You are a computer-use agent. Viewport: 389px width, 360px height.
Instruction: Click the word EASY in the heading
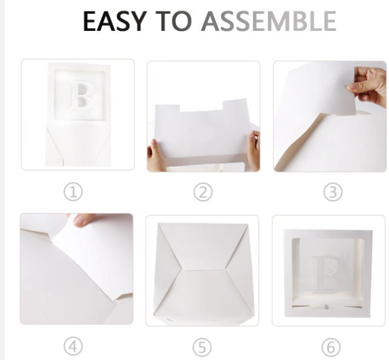point(114,21)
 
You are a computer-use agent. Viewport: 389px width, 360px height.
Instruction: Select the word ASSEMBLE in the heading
point(269,21)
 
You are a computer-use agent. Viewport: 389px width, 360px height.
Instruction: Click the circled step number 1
point(73,192)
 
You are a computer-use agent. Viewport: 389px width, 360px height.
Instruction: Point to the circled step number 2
point(203,192)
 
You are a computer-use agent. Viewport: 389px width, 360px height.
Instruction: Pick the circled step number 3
point(333,192)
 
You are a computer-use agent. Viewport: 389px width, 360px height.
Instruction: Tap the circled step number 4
point(73,346)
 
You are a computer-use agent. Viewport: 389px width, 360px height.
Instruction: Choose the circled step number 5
point(203,347)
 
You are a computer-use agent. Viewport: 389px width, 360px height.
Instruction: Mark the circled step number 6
point(331,347)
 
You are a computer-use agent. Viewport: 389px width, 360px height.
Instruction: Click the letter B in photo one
point(81,96)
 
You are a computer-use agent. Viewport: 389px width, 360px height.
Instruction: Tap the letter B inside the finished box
point(330,274)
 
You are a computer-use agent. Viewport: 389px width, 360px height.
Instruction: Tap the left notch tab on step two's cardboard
point(168,109)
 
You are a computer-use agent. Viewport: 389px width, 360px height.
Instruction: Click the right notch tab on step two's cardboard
point(235,104)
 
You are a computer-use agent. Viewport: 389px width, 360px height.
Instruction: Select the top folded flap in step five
point(203,244)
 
